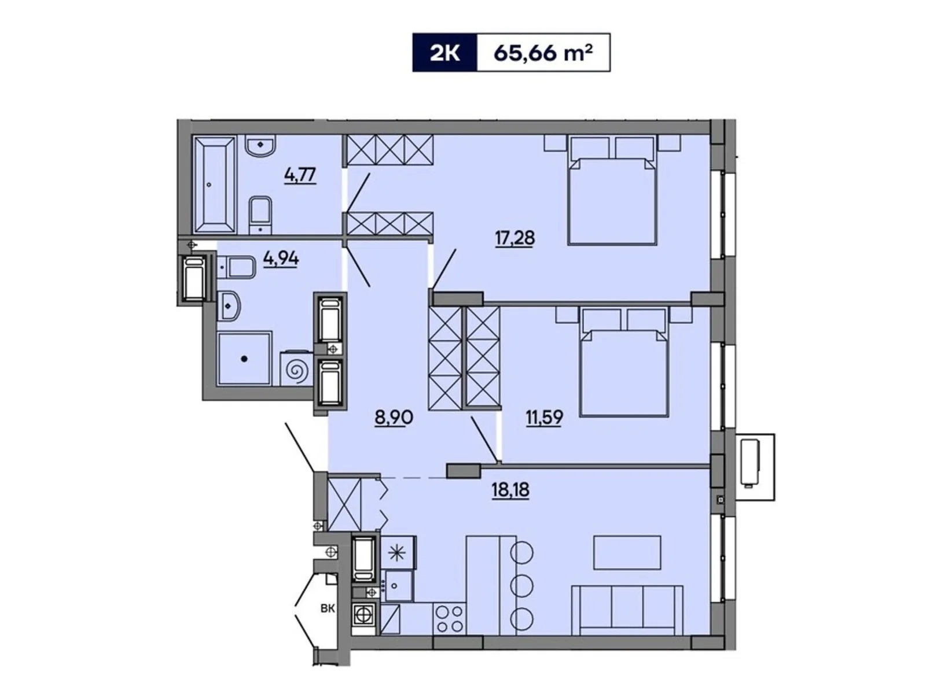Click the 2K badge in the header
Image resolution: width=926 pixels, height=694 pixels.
click(x=444, y=53)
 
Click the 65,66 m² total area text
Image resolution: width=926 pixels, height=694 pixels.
click(x=543, y=53)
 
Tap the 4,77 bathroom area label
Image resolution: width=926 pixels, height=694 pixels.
click(x=300, y=174)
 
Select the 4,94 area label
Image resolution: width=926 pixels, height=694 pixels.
click(x=281, y=259)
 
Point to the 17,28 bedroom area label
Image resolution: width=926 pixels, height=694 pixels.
click(x=515, y=237)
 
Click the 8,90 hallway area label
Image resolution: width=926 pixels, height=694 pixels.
click(x=394, y=417)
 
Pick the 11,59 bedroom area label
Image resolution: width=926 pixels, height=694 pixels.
click(x=544, y=417)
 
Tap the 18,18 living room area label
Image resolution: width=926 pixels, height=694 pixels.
click(x=510, y=490)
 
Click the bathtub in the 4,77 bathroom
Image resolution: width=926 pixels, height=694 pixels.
click(x=215, y=184)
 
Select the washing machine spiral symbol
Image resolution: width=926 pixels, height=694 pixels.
click(x=296, y=370)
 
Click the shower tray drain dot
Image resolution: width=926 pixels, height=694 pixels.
click(x=244, y=359)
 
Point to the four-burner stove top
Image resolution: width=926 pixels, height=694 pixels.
click(x=450, y=618)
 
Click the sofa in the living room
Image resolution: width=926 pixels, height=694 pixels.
click(x=627, y=610)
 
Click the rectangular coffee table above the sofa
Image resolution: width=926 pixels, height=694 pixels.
click(x=627, y=552)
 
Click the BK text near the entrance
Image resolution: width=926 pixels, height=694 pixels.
click(x=328, y=608)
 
